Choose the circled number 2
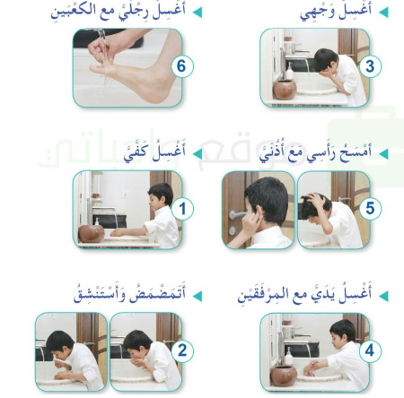(181, 349)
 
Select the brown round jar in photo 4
(285, 373)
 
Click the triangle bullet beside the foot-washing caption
(199, 13)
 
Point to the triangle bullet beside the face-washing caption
(384, 13)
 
